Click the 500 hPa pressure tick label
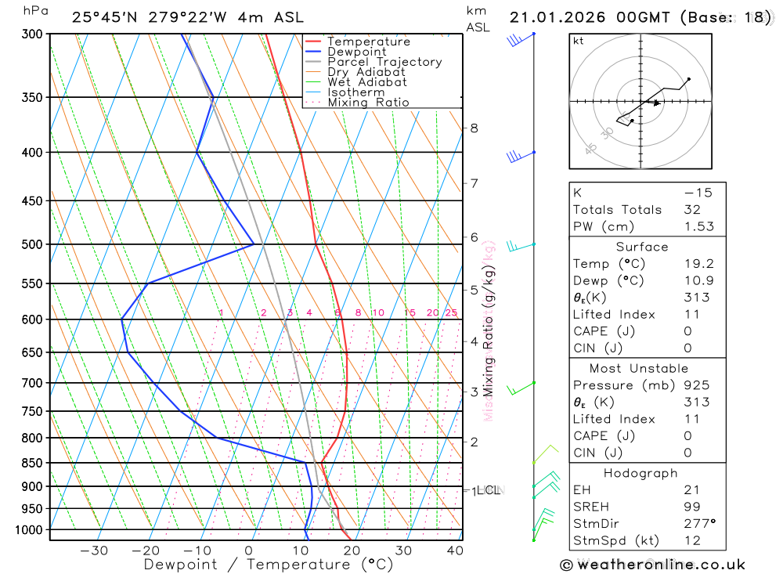pos(33,244)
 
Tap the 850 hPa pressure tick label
pos(33,463)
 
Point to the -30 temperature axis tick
pos(94,551)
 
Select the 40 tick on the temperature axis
pos(455,551)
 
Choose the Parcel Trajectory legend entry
pos(384,62)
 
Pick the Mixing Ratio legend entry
pos(368,103)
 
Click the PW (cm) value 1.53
pos(696,226)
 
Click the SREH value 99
pos(692,507)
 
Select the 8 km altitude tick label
pos(474,128)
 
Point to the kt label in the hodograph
pos(579,41)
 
